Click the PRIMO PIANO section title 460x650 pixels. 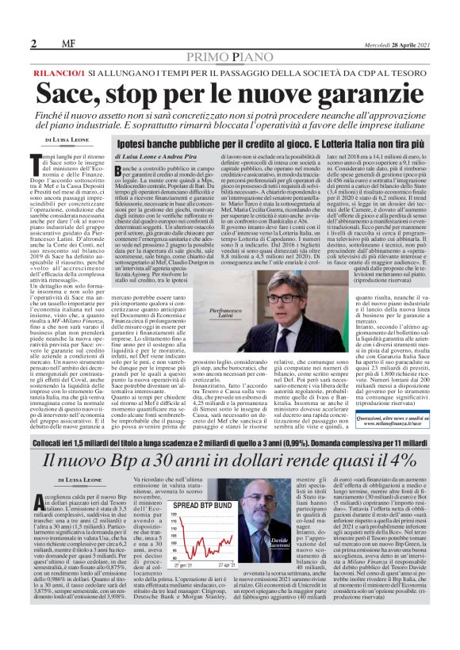pos(230,57)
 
